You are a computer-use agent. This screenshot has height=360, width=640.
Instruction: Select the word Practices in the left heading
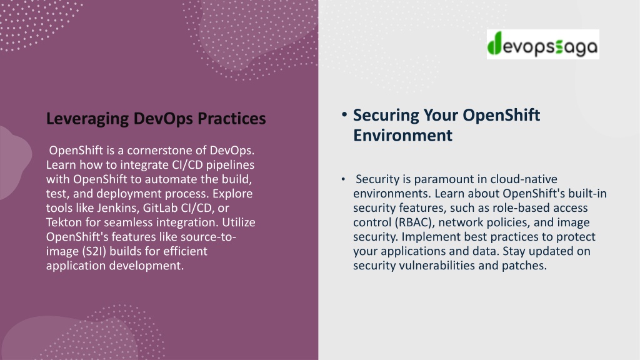tap(232, 118)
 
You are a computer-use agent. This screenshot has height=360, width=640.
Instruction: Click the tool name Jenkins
tap(117, 207)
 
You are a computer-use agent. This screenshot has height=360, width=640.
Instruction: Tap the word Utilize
tap(239, 222)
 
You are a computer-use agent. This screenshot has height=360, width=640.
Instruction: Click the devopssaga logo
tap(543, 44)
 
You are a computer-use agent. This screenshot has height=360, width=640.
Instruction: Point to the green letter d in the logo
tap(494, 44)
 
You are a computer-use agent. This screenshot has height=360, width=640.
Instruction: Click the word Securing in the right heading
tap(386, 116)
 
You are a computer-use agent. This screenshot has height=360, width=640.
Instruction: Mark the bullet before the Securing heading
tap(344, 115)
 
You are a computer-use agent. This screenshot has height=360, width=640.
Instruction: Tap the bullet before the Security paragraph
tap(343, 179)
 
